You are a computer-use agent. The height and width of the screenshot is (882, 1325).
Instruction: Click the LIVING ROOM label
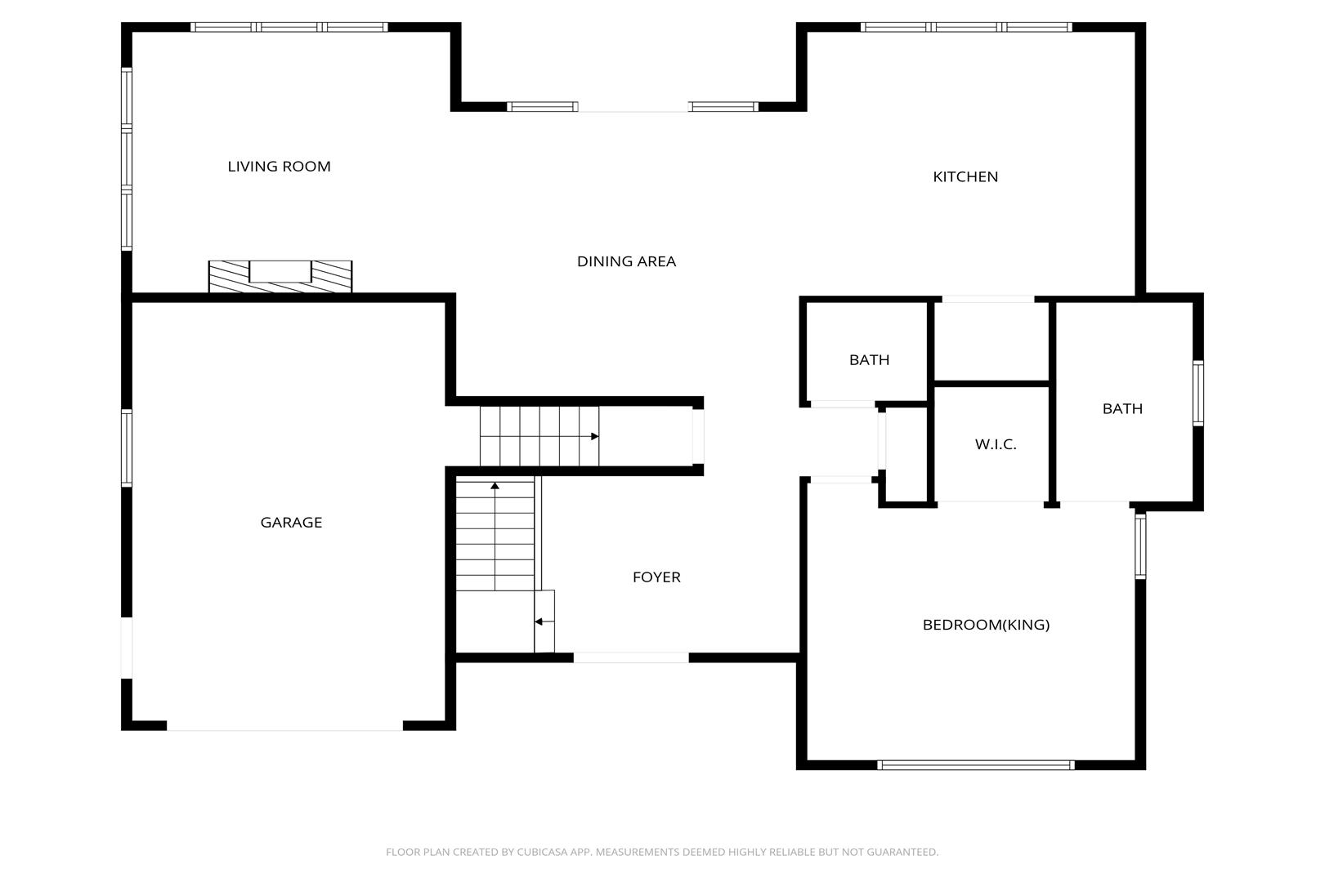click(x=280, y=167)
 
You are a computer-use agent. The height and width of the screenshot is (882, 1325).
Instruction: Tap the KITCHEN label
click(x=965, y=176)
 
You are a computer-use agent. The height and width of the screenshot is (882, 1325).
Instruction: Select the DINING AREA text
click(x=626, y=261)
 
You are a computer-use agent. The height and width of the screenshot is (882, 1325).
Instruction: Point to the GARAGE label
click(x=291, y=523)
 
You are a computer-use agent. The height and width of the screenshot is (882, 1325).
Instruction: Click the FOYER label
click(x=656, y=577)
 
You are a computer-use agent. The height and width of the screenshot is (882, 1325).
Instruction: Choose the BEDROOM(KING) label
click(x=986, y=625)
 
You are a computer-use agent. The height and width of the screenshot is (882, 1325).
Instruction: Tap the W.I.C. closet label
click(x=996, y=444)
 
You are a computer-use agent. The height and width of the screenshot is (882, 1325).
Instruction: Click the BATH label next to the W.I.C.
click(x=1122, y=409)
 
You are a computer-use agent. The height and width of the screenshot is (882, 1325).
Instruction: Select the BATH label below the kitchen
click(x=869, y=360)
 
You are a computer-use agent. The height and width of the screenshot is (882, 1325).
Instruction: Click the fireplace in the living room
click(x=280, y=277)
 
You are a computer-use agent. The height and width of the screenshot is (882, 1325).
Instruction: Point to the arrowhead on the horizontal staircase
click(x=595, y=436)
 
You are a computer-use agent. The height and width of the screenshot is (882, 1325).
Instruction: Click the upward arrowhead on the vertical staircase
click(x=495, y=486)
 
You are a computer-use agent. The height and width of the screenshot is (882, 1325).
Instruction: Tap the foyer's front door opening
click(x=631, y=657)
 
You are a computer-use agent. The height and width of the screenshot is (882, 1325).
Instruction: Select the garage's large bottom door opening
click(x=284, y=726)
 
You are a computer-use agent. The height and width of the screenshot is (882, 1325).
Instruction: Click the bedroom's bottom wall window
click(x=976, y=765)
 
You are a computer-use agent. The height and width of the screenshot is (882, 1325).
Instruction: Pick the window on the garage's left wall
click(x=127, y=448)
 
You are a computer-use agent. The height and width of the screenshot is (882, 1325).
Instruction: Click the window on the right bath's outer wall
click(x=1197, y=393)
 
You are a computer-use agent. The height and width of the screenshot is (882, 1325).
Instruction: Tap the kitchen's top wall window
click(x=966, y=27)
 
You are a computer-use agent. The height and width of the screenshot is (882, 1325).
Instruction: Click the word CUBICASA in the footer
click(x=542, y=852)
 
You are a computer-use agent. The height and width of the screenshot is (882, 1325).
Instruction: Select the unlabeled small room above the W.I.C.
click(x=991, y=341)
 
